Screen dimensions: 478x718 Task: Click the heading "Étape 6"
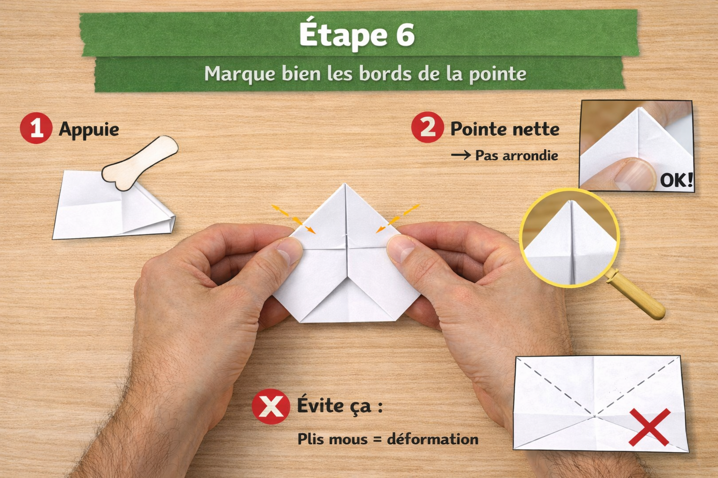click(357, 34)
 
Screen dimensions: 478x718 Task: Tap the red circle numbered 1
click(36, 128)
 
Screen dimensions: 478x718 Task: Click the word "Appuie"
click(89, 129)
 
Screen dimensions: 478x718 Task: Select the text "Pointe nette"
click(504, 129)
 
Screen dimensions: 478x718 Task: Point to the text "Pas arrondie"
click(516, 155)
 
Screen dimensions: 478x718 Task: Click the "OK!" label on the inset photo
click(676, 179)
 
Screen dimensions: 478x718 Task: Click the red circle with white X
click(271, 406)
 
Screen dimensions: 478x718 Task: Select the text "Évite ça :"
click(340, 405)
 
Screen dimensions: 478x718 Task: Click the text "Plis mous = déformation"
click(388, 439)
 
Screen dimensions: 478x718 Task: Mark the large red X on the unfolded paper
click(649, 427)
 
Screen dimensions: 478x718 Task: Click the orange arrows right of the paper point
click(398, 217)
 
